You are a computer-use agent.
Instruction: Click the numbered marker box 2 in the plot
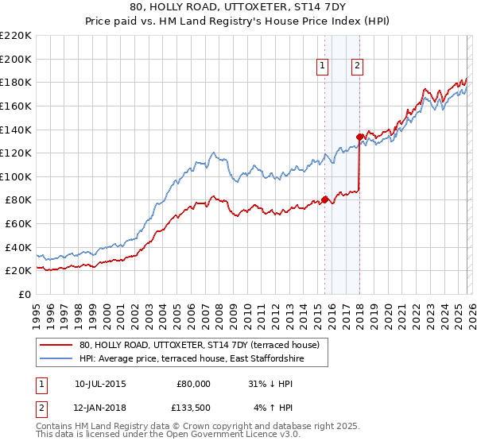[x=357, y=67]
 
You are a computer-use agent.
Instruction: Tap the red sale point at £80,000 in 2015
[x=325, y=199]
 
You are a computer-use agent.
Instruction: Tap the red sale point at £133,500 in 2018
[x=359, y=137]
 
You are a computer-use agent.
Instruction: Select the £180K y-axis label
[x=16, y=82]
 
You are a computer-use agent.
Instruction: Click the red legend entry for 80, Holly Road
[x=199, y=345]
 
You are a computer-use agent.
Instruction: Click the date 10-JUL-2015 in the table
[x=99, y=384]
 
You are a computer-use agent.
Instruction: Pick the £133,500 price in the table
[x=193, y=408]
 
